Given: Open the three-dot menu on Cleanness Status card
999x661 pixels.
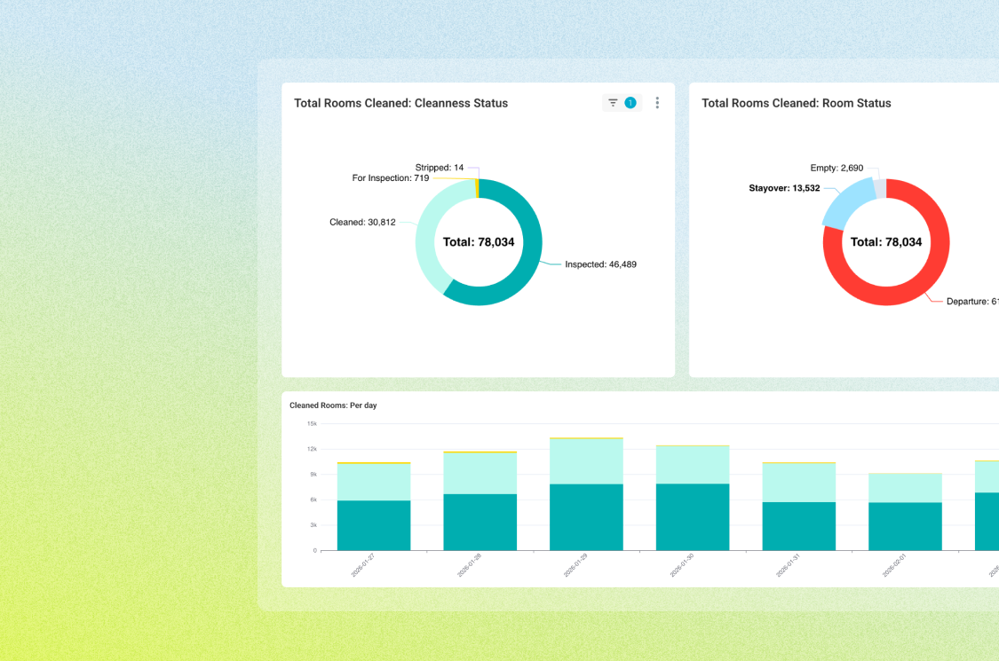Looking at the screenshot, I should (657, 103).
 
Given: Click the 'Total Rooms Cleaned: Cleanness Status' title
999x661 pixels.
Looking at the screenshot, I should (400, 103).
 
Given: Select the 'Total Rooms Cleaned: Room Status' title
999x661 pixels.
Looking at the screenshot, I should (796, 103).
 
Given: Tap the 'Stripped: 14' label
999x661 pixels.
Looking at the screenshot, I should (439, 167).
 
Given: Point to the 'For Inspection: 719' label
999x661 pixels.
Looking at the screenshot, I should (390, 178).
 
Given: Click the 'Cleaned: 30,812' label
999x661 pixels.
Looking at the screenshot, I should (362, 222).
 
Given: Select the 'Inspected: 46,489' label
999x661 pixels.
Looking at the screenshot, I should (600, 264).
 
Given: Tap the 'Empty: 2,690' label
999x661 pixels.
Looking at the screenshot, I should (836, 168).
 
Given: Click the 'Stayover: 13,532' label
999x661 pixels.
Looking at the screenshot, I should (784, 188).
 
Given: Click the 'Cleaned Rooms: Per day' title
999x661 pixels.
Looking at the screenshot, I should (333, 405).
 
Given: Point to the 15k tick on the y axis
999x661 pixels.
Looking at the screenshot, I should (312, 423).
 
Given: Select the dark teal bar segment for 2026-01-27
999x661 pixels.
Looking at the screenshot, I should (374, 525).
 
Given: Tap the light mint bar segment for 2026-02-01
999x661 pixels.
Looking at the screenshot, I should (905, 487).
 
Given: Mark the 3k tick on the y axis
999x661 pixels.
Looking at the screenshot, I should (313, 525).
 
